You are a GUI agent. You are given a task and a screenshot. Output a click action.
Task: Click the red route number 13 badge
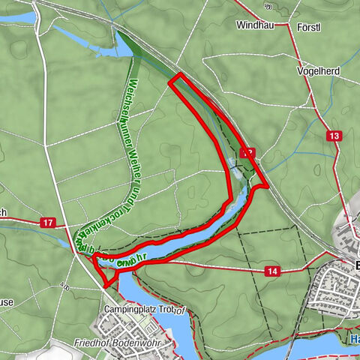click(334, 135)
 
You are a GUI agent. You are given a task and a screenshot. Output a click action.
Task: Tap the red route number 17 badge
click(48, 223)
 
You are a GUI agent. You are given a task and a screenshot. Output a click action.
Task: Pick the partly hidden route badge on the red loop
click(247, 153)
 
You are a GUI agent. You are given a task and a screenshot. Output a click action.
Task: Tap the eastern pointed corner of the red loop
click(266, 185)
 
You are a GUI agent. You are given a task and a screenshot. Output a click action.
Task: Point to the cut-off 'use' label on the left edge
click(6, 302)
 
